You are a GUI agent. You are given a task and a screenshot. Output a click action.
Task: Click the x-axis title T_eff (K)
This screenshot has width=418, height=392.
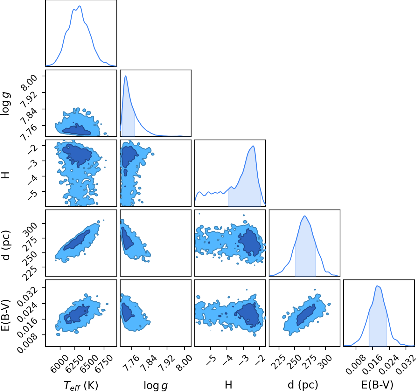[x=81, y=385]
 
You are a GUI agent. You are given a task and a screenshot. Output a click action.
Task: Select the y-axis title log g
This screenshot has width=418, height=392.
[x=5, y=104]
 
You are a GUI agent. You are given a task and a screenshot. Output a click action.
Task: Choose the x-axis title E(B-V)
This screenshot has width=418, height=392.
[x=377, y=385]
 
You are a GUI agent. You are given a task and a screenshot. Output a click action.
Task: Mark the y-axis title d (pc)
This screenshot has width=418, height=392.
[x=6, y=245]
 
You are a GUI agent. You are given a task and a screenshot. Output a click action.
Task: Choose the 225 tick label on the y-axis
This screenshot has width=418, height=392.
[x=31, y=273]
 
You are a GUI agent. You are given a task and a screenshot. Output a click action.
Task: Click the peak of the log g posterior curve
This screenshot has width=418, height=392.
[x=126, y=76]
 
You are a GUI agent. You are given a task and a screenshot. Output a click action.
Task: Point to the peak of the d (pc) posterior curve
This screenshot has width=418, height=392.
[x=304, y=216]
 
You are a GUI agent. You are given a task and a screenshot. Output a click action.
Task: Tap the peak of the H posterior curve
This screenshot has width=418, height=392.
[x=253, y=146]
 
